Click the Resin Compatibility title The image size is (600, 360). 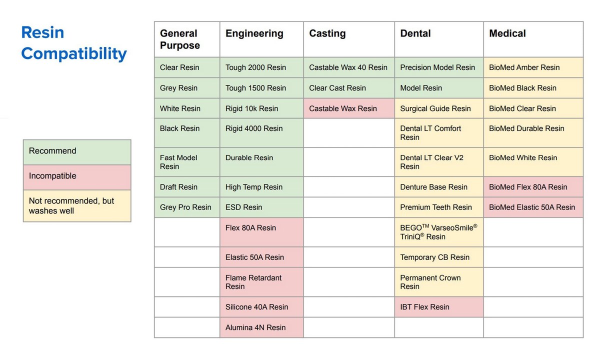point(73,43)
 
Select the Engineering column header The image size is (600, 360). point(254,33)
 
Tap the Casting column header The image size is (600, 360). point(327,33)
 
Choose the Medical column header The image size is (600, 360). point(507,33)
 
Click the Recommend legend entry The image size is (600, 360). point(77,151)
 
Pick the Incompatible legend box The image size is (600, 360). point(77,176)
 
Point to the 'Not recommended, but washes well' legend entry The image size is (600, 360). point(77,205)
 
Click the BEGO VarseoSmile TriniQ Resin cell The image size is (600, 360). point(438,231)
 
